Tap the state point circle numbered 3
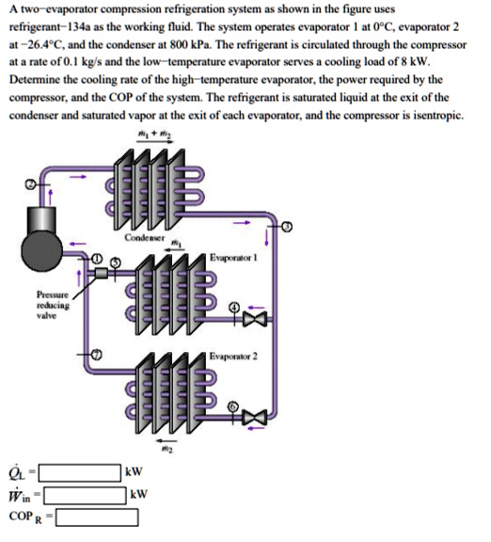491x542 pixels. coord(288,227)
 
